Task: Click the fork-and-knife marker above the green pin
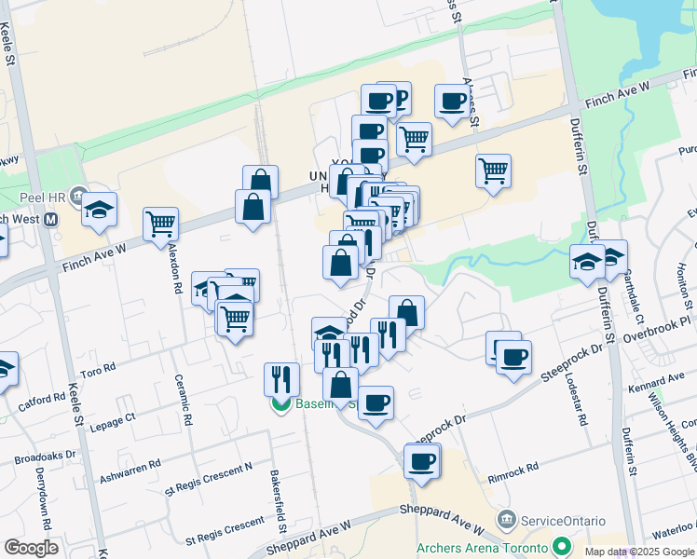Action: click(x=281, y=378)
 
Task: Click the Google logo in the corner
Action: click(x=31, y=548)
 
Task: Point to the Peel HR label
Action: click(x=39, y=198)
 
